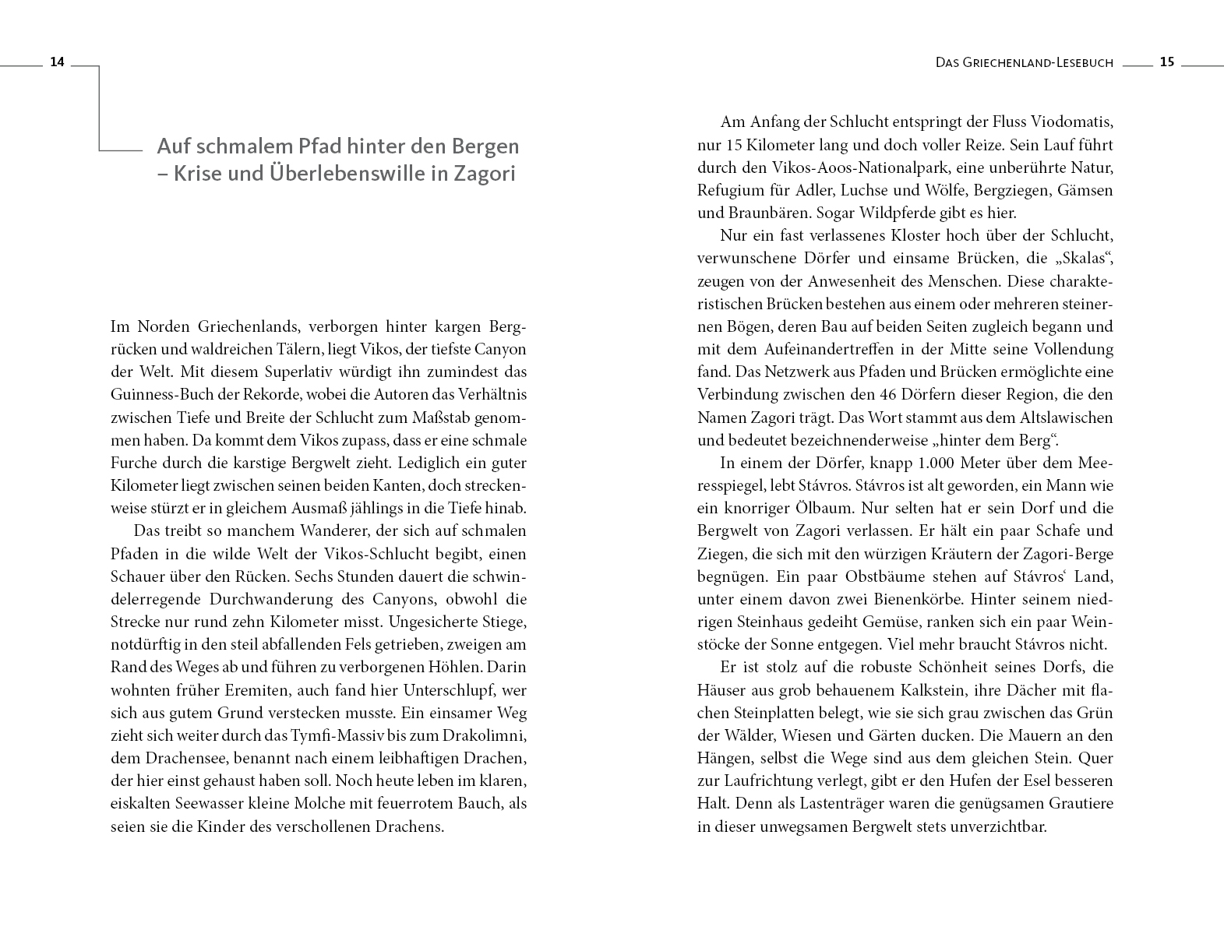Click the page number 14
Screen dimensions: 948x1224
(x=57, y=62)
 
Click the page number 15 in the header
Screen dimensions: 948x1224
(x=1166, y=62)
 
